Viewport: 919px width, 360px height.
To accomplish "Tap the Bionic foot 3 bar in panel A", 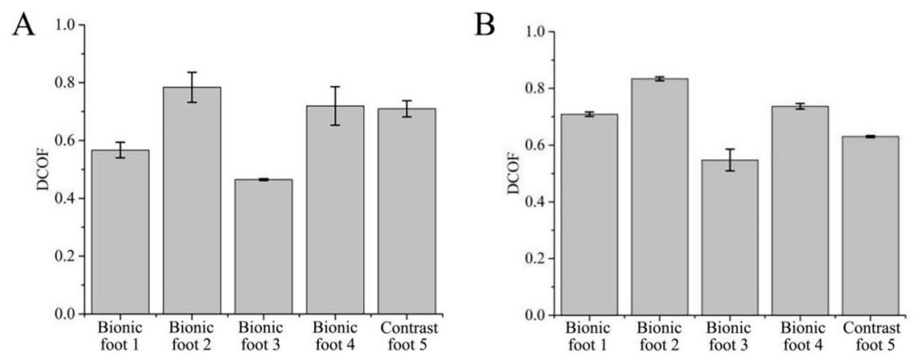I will pyautogui.click(x=263, y=246).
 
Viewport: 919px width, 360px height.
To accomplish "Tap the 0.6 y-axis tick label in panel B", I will pyautogui.click(x=535, y=145).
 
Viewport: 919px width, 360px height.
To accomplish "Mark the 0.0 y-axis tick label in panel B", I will pyautogui.click(x=535, y=315).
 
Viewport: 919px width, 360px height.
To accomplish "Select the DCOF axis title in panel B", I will pyautogui.click(x=514, y=174).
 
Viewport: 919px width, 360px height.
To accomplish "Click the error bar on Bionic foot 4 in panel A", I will pyautogui.click(x=335, y=106).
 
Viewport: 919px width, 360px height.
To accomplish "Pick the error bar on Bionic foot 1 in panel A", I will pyautogui.click(x=120, y=150).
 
